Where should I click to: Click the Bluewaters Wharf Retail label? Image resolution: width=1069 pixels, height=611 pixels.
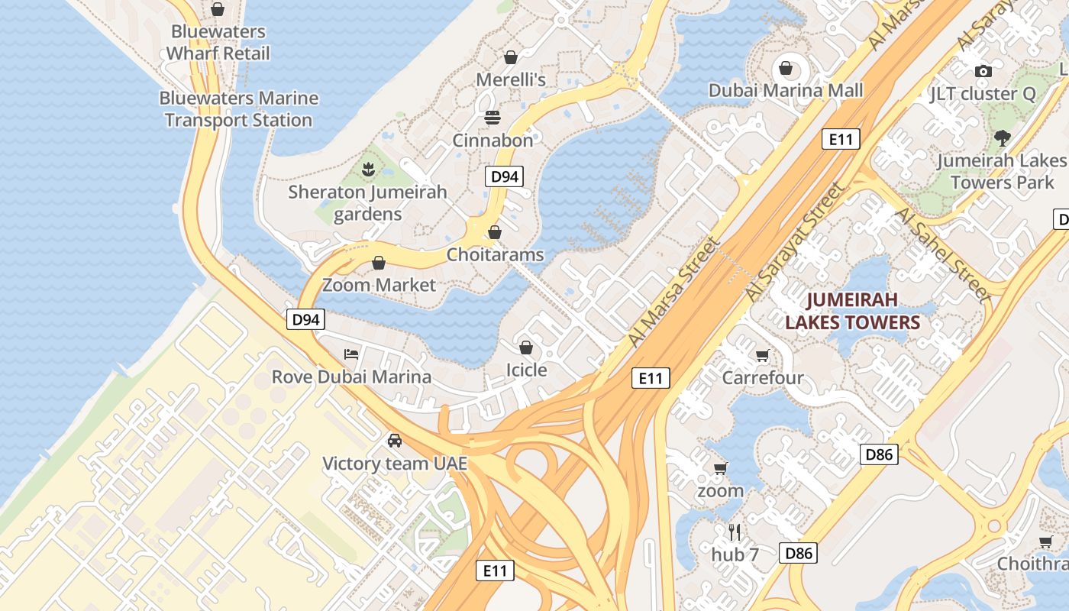coord(218,43)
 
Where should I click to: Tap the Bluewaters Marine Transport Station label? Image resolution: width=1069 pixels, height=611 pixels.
coord(238,109)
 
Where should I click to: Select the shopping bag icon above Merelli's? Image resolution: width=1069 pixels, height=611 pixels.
coord(511,57)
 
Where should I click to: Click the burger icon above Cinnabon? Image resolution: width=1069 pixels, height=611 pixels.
coord(493,118)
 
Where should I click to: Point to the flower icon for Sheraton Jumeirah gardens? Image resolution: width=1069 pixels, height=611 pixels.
coord(368,170)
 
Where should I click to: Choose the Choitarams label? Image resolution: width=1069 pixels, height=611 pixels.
coord(495,254)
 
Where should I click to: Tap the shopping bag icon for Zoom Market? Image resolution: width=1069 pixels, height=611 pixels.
coord(379,263)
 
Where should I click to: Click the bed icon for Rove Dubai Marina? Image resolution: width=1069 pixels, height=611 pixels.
coord(351,354)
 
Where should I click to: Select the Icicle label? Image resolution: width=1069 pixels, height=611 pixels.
coord(527,370)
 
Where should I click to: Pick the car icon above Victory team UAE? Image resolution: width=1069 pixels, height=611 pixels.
coord(395,441)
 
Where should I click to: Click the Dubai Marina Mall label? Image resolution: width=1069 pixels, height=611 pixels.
coord(786,90)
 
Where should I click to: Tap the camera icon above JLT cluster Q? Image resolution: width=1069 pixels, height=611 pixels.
coord(983,71)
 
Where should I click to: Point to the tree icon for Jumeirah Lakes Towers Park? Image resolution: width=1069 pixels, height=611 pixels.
coord(1002,138)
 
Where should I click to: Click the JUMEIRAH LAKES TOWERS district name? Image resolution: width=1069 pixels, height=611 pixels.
coord(852,311)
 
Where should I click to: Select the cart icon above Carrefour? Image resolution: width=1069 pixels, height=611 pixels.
coord(762,355)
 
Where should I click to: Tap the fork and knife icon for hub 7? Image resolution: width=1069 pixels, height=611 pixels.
coord(735,532)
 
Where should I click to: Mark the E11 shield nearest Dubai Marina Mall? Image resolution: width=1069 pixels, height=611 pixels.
coord(841,139)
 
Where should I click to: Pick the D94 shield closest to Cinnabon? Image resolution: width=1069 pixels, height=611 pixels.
coord(504,176)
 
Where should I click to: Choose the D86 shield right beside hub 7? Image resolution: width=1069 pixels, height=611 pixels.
coord(798,553)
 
